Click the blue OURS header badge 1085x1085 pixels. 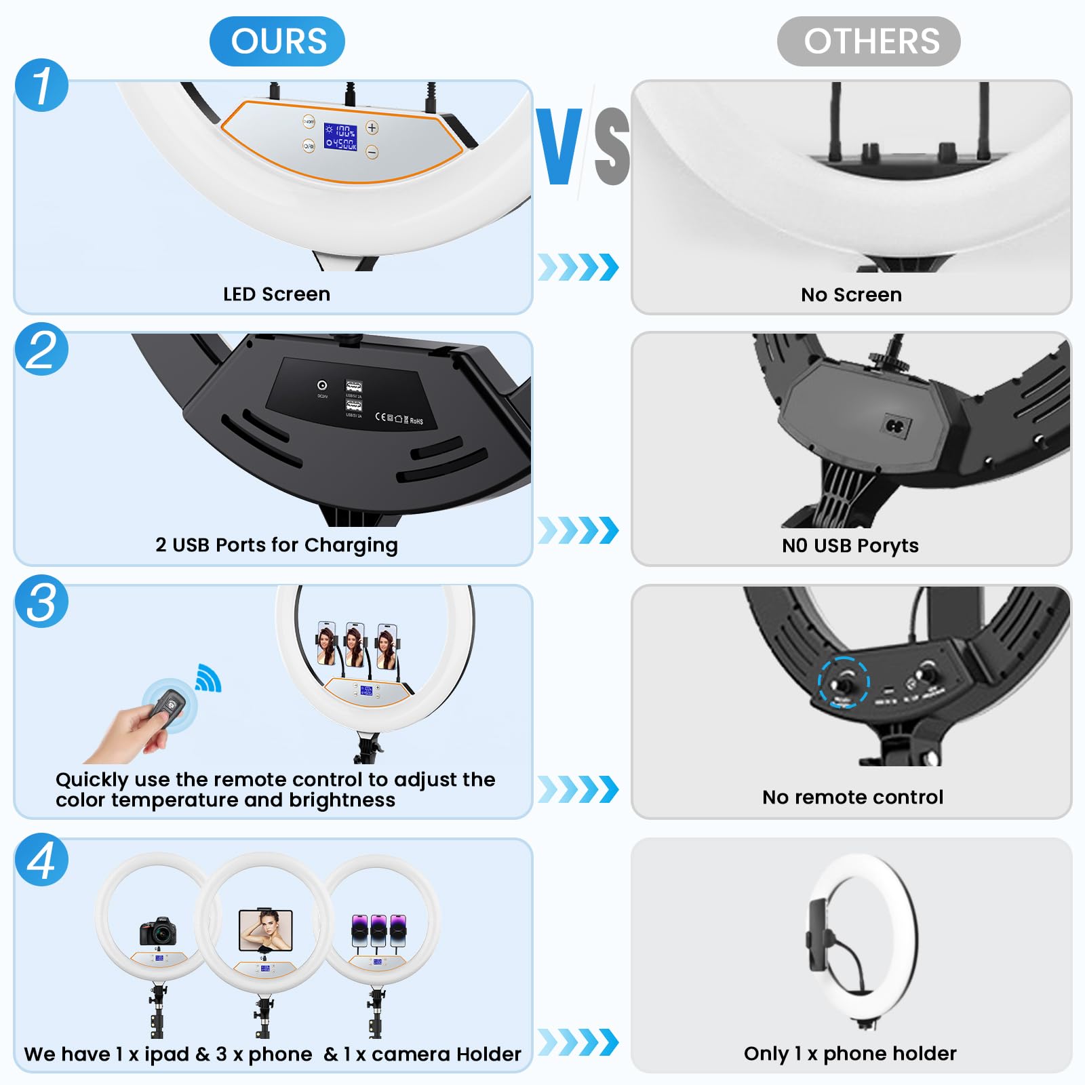pyautogui.click(x=277, y=41)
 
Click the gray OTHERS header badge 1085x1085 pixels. pyautogui.click(x=868, y=41)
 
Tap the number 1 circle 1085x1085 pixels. pyautogui.click(x=41, y=85)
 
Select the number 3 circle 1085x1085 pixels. pyautogui.click(x=41, y=601)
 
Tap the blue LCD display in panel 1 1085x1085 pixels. pyautogui.click(x=340, y=136)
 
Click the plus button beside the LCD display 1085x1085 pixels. pyautogui.click(x=372, y=127)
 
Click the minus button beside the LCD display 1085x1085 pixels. pyautogui.click(x=372, y=152)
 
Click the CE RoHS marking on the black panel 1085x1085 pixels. pyautogui.click(x=399, y=418)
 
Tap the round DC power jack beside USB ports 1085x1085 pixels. pyautogui.click(x=322, y=385)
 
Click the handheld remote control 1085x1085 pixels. pyautogui.click(x=168, y=705)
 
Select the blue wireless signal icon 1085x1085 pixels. pyautogui.click(x=208, y=679)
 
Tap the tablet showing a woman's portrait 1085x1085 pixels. pyautogui.click(x=266, y=930)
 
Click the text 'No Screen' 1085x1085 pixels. pyautogui.click(x=851, y=294)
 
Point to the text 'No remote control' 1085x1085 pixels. pyautogui.click(x=852, y=797)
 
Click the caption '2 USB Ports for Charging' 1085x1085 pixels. pyautogui.click(x=276, y=545)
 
